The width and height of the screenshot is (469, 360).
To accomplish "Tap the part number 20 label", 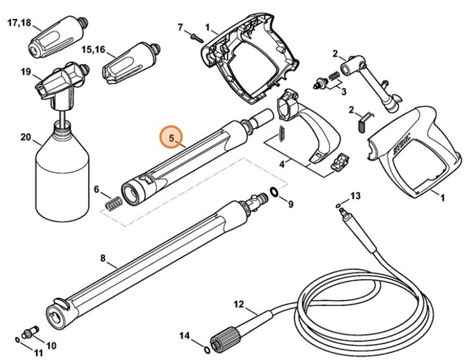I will (x=25, y=137).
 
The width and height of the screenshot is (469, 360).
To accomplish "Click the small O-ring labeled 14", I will (x=207, y=349).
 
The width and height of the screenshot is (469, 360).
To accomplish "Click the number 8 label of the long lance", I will (x=103, y=259).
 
